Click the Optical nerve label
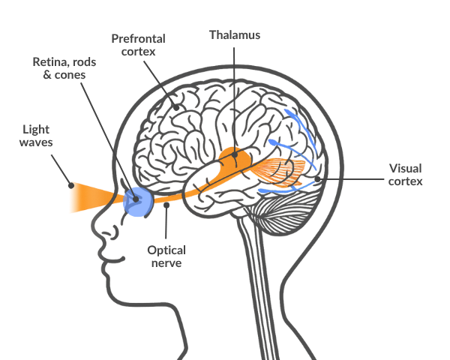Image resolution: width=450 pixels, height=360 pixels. [x=166, y=257]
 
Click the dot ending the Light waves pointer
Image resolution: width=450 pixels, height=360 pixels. [x=70, y=184]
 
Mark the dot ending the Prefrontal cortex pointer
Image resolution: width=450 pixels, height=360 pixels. [x=175, y=109]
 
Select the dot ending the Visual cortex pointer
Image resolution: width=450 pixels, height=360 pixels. [x=319, y=180]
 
